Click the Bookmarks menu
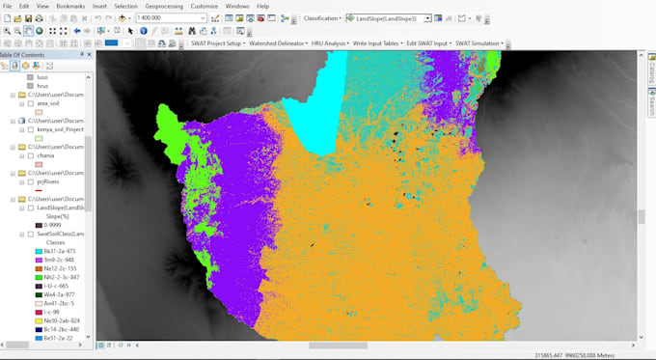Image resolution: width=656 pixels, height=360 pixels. [70, 6]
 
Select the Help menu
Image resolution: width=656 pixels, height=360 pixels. [262, 6]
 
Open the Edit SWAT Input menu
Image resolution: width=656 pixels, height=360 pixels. [426, 43]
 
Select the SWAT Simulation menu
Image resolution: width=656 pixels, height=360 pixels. [479, 43]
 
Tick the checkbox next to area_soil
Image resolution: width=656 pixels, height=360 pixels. [30, 102]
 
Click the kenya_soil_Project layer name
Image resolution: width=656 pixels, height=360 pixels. [61, 128]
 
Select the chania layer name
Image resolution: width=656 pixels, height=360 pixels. [45, 154]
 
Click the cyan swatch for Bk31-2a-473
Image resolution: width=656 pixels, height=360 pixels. [39, 250]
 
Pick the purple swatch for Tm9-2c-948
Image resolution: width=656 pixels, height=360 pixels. [39, 259]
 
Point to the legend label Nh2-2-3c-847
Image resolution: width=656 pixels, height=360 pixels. [66, 276]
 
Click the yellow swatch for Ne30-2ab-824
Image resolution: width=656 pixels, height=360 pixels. [39, 320]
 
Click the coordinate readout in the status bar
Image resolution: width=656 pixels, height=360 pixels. [577, 354]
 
